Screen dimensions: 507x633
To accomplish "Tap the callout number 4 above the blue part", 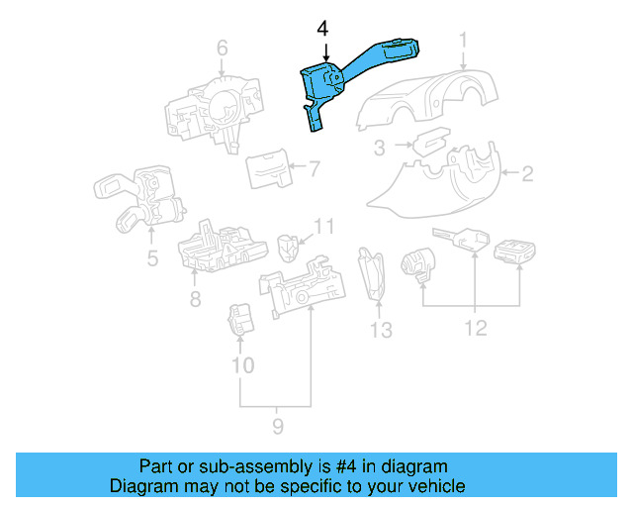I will [323, 30].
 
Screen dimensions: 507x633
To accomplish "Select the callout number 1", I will [462, 41].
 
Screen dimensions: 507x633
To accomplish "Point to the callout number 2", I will [527, 175].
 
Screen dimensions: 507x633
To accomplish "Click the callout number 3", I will [379, 149].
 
